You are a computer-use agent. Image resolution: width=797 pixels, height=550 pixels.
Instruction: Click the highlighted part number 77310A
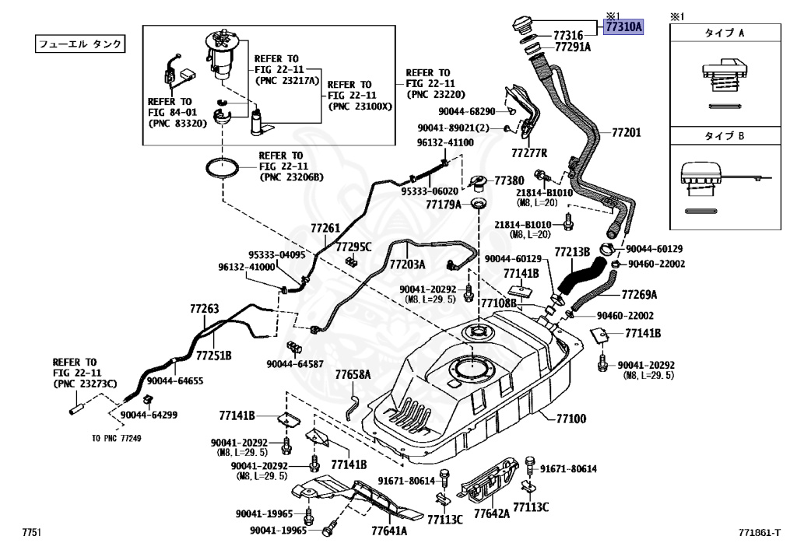tap(623, 26)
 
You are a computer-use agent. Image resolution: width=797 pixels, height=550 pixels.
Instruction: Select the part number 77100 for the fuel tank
tap(571, 419)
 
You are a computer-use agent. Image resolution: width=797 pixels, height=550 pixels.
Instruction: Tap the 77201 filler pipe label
tap(627, 132)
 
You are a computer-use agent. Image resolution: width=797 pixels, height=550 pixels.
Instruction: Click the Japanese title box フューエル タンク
tap(80, 44)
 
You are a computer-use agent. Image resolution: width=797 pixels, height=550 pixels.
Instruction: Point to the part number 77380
tap(509, 180)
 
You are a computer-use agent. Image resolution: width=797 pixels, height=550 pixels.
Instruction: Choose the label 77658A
tap(353, 375)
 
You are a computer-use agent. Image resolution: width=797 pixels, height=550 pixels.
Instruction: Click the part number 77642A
tap(492, 513)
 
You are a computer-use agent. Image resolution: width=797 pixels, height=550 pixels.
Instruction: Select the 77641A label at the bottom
tap(389, 531)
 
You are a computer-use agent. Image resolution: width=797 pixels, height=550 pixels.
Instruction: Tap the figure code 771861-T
tap(760, 532)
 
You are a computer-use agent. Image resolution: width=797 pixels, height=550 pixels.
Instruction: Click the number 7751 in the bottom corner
tap(31, 532)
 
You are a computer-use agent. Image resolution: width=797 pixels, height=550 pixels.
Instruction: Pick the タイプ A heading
tap(725, 33)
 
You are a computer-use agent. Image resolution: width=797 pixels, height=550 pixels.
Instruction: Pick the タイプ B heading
tap(725, 135)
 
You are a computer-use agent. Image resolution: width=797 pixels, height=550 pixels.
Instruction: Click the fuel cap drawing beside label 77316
tap(522, 24)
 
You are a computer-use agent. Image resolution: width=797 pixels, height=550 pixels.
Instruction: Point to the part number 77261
tap(325, 228)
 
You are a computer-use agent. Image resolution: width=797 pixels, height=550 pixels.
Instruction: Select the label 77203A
tap(407, 264)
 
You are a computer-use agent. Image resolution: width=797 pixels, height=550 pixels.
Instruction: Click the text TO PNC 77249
tap(117, 438)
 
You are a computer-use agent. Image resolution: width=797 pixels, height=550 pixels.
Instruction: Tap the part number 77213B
tap(572, 252)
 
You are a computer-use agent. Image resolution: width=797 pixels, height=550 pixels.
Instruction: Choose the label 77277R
tap(529, 152)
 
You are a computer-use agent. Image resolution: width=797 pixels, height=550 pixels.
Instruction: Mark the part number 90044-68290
tap(467, 111)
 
